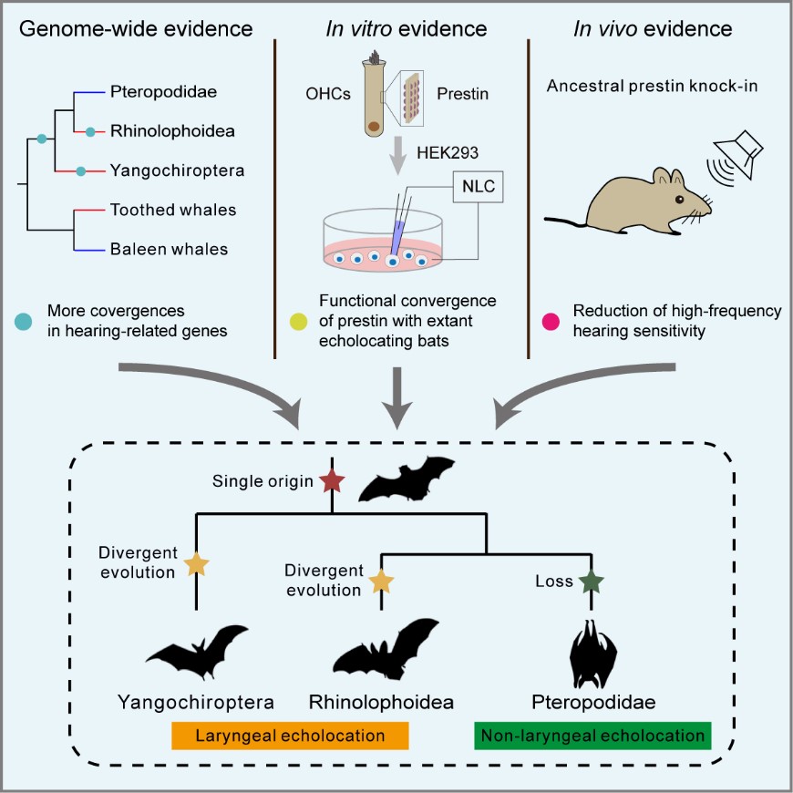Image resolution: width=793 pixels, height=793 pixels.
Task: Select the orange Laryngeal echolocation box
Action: (x=291, y=735)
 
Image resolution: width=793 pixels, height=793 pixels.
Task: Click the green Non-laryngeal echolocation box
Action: (x=592, y=735)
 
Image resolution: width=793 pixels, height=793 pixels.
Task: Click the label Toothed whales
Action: (x=173, y=210)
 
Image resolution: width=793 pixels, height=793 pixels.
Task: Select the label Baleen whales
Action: (x=169, y=248)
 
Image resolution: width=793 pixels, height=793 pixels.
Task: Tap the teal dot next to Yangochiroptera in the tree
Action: (x=81, y=170)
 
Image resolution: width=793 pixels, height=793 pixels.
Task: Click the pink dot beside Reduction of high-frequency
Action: (x=550, y=320)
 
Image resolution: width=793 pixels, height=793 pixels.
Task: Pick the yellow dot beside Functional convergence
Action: (x=297, y=320)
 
